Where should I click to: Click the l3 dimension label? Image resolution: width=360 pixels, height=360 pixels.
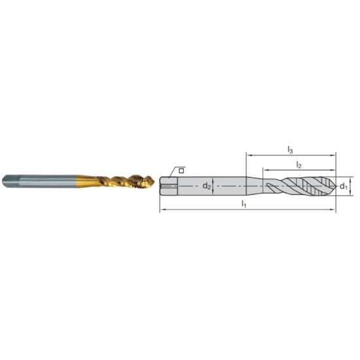coord(290,151)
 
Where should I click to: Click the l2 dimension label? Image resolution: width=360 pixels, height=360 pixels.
coord(298,164)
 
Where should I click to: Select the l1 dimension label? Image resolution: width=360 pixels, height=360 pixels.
coord(243,204)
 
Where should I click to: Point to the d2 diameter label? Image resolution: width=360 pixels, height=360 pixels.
coord(206,186)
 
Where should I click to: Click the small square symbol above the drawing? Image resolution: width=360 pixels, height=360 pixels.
coord(181,170)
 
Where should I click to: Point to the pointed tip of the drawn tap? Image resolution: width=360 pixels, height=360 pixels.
coord(335,187)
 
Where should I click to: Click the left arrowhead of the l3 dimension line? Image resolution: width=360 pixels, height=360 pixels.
coord(248,156)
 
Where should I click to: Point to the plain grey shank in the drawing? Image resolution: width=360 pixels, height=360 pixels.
coord(223,187)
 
